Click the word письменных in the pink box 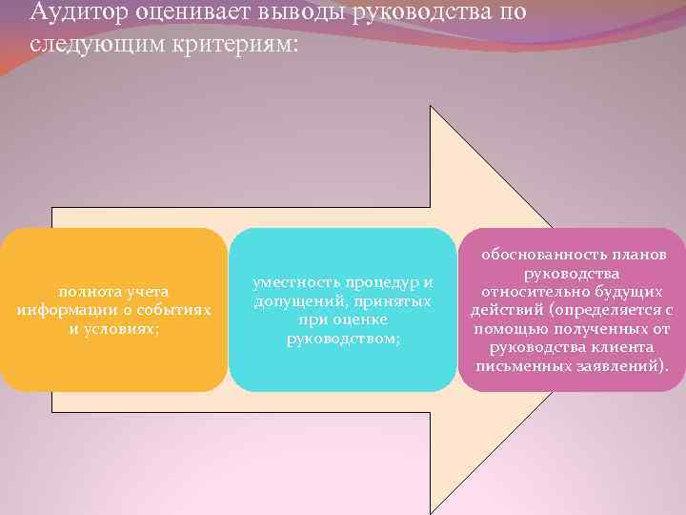tap(522, 365)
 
